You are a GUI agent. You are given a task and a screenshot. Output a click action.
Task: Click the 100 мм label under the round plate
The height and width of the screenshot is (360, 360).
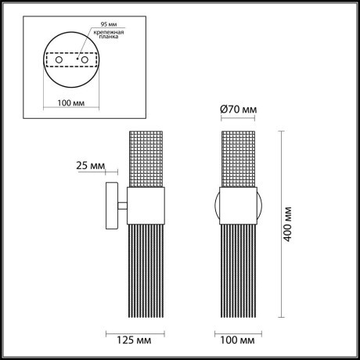tap(72, 103)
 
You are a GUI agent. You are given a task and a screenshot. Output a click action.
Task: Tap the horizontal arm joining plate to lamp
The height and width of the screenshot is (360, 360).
tap(123, 207)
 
